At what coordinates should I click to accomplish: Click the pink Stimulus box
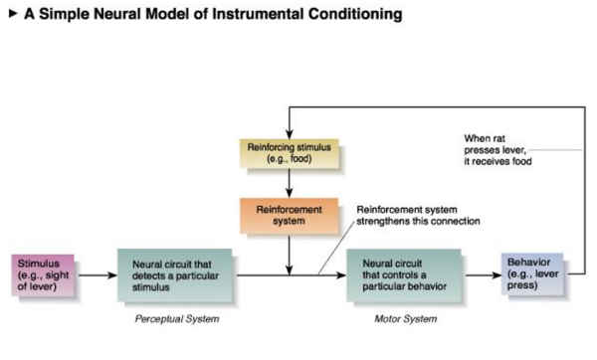(43, 275)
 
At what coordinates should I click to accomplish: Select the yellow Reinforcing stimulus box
(289, 153)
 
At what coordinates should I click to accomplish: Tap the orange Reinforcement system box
(289, 216)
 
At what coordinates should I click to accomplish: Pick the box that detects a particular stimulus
(175, 275)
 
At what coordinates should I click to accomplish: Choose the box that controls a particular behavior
(404, 275)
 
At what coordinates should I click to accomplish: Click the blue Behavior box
(532, 274)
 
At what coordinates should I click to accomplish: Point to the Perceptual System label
(177, 319)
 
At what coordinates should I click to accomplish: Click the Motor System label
(406, 319)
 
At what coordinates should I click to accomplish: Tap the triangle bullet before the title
(13, 14)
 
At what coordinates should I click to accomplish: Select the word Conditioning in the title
(355, 15)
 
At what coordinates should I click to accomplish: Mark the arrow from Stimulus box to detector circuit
(98, 275)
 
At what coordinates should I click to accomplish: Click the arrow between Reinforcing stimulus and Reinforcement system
(289, 183)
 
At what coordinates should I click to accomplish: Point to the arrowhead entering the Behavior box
(497, 275)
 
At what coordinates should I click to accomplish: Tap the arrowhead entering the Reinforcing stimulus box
(289, 134)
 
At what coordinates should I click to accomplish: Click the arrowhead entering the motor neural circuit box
(341, 275)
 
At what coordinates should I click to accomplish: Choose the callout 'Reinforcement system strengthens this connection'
(418, 216)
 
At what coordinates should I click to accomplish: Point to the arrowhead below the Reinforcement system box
(289, 270)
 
